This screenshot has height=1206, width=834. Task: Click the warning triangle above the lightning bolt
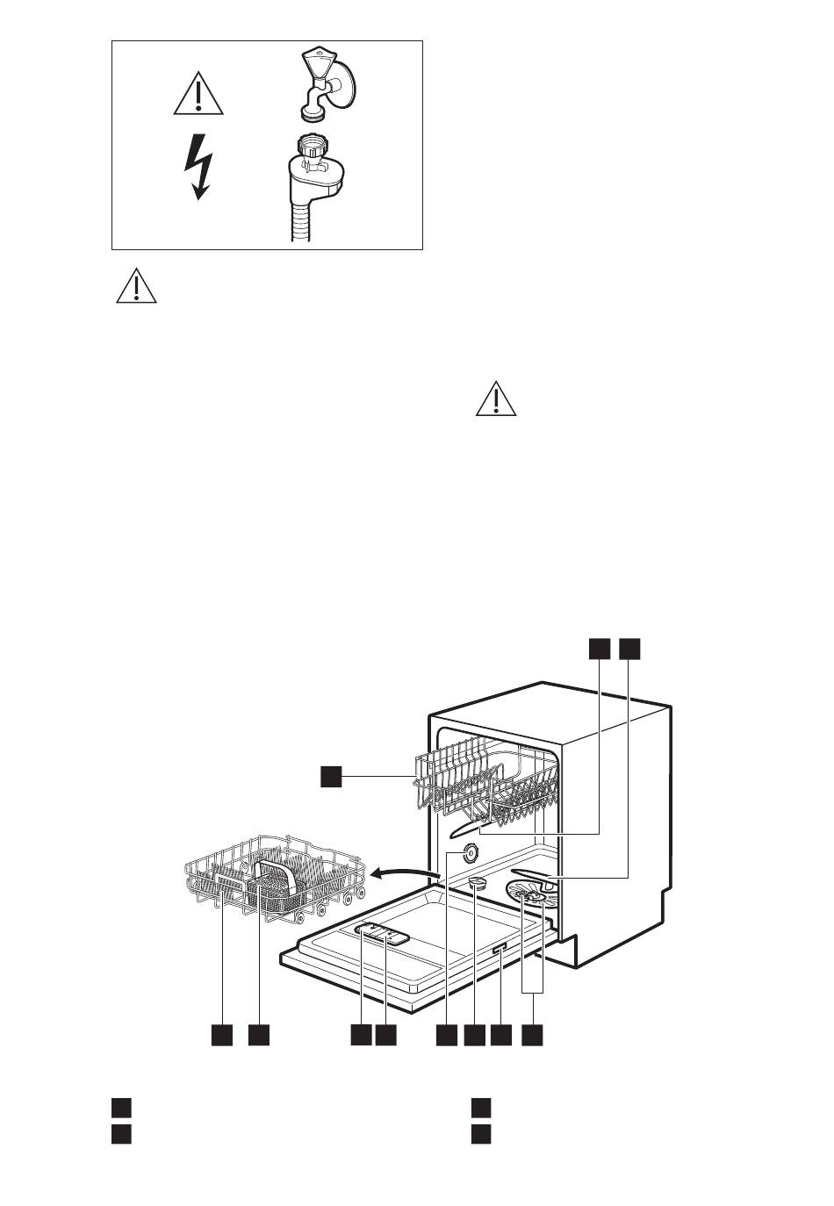click(198, 95)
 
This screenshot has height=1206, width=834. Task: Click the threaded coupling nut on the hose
click(312, 147)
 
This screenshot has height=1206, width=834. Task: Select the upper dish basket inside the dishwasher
click(487, 781)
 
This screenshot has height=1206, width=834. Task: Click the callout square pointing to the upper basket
click(330, 776)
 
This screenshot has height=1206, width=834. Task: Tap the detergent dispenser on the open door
click(382, 934)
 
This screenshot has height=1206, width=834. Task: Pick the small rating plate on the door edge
click(499, 950)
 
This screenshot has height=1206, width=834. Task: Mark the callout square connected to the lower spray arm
click(629, 649)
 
